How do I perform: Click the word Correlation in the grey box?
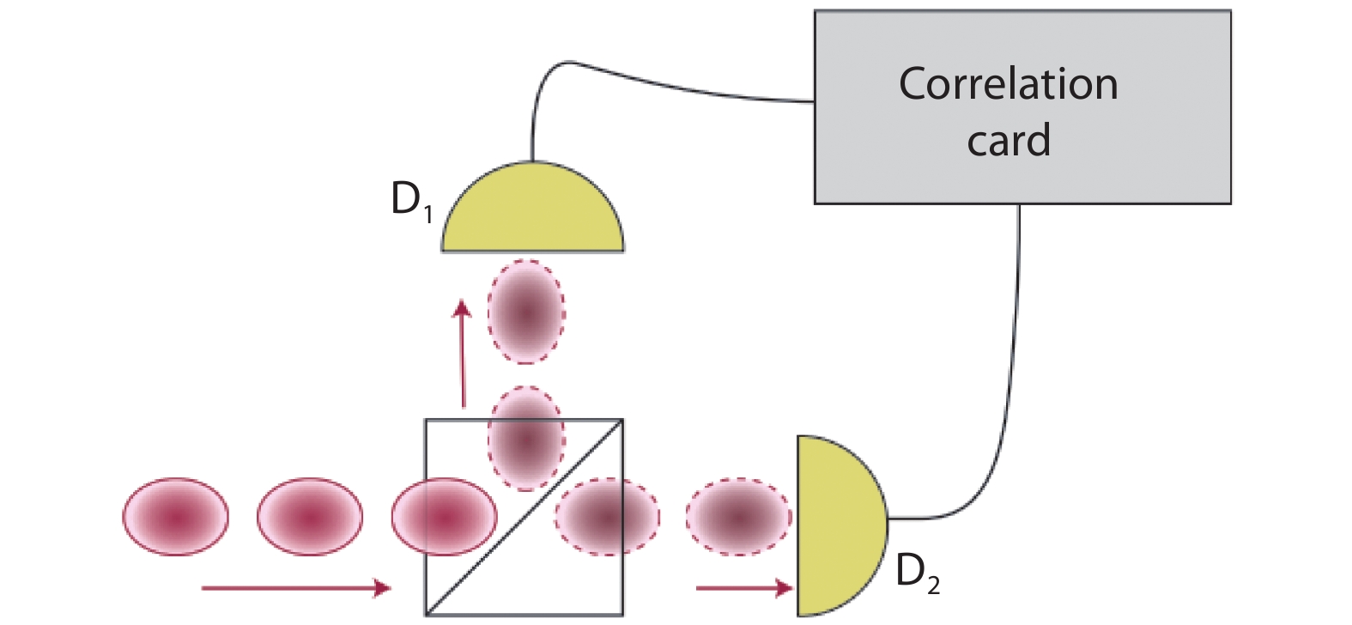1008,84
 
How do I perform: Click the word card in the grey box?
1009,141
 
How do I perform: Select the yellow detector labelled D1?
532,210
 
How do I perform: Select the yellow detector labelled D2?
837,524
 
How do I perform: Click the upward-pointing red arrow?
464,352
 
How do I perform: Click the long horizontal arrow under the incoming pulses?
296,588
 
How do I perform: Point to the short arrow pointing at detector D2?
743,588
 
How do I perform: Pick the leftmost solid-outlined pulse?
176,517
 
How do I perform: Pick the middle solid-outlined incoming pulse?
310,517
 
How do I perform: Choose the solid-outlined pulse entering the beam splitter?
444,517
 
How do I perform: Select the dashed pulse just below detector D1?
526,311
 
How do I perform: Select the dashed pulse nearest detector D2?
738,517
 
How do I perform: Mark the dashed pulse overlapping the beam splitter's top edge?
526,438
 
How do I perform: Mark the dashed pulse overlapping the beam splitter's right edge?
607,517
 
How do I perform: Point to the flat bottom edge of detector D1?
532,250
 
